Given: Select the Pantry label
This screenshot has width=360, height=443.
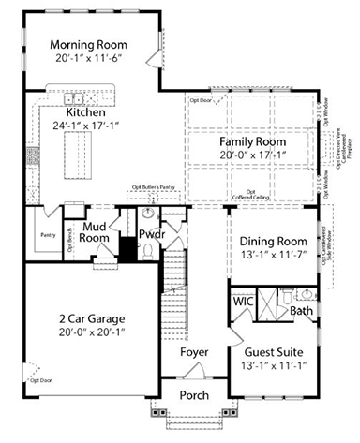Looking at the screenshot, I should coord(46,237).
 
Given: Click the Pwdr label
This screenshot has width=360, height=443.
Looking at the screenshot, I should coord(152,232).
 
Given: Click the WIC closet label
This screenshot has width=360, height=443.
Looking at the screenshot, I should coord(241,303).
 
